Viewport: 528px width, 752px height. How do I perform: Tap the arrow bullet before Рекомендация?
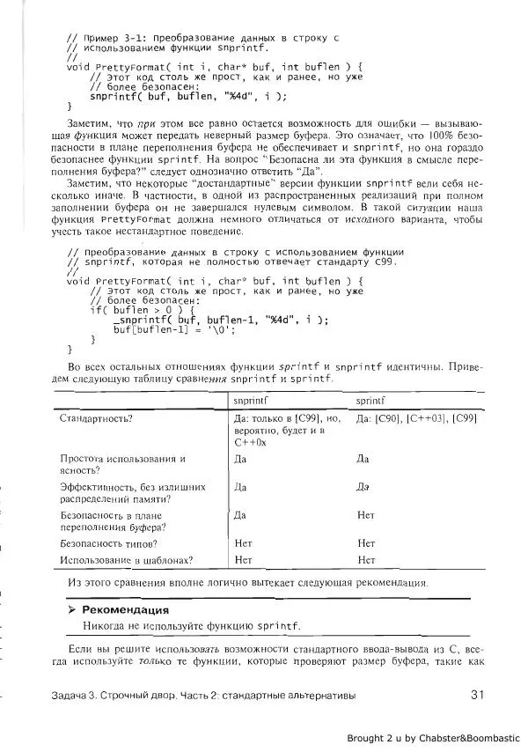pyautogui.click(x=73, y=609)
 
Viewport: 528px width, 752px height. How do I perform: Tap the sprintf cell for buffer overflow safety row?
pyautogui.click(x=366, y=515)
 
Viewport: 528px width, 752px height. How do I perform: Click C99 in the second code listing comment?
pyautogui.click(x=385, y=262)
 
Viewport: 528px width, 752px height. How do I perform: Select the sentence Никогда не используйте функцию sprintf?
pyautogui.click(x=191, y=626)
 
